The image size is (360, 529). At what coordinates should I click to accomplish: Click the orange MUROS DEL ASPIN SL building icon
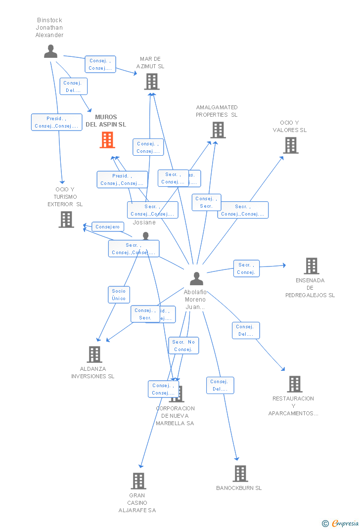click(x=107, y=140)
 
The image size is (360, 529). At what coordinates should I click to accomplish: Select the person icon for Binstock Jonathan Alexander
click(x=50, y=51)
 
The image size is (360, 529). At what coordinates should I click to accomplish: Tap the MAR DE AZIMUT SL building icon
click(x=152, y=82)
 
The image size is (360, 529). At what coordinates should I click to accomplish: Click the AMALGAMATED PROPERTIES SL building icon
click(x=218, y=130)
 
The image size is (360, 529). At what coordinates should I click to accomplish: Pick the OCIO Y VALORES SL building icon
click(x=290, y=145)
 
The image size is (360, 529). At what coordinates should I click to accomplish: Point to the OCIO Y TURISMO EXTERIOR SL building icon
click(x=66, y=220)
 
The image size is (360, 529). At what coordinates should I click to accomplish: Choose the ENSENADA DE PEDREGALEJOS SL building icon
click(x=311, y=266)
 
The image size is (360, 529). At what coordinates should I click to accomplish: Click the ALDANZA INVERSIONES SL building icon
click(x=94, y=354)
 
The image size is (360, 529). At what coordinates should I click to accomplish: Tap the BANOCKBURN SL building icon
click(x=240, y=474)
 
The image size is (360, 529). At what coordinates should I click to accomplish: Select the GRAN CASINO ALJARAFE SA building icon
click(x=138, y=481)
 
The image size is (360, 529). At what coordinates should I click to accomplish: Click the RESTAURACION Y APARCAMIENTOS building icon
click(x=294, y=384)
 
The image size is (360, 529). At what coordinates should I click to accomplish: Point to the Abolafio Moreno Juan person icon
click(x=196, y=279)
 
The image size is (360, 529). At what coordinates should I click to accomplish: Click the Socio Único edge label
click(x=119, y=295)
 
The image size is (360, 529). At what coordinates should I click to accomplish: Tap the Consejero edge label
click(x=108, y=227)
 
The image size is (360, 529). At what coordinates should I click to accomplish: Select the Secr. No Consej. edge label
click(x=183, y=346)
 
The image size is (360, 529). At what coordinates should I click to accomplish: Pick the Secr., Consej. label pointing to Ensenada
click(x=246, y=268)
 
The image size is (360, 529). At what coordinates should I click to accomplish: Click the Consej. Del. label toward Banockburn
click(x=220, y=385)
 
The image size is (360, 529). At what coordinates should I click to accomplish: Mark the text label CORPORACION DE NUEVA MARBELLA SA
click(x=175, y=416)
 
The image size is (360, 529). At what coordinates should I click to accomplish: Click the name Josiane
click(x=144, y=222)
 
